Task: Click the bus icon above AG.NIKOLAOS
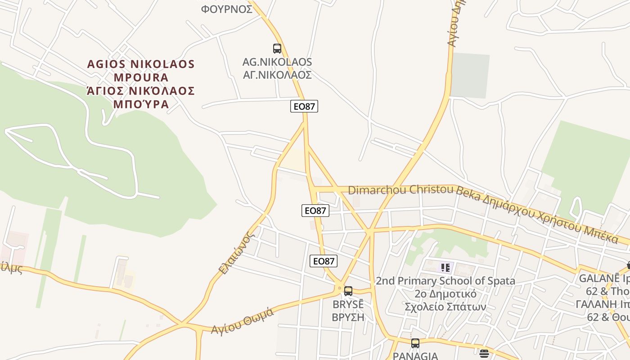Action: coord(277,49)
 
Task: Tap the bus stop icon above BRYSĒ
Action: coord(348,291)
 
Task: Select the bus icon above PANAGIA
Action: coord(415,343)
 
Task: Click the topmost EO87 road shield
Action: coord(305,107)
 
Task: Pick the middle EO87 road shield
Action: coord(315,211)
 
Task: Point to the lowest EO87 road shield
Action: coord(324,261)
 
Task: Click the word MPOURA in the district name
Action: coord(141,77)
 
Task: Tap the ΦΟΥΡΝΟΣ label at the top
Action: coord(227,9)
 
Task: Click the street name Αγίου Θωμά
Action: coord(243,321)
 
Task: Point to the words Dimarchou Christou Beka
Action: coord(400,190)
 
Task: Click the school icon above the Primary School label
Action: coord(445,268)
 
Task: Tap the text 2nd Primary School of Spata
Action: coord(445,281)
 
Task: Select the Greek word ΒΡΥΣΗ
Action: coord(347,317)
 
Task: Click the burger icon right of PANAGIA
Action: coord(484,354)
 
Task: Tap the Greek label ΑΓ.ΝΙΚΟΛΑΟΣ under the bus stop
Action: coord(277,75)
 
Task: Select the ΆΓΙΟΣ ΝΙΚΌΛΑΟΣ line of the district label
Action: coord(141,91)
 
